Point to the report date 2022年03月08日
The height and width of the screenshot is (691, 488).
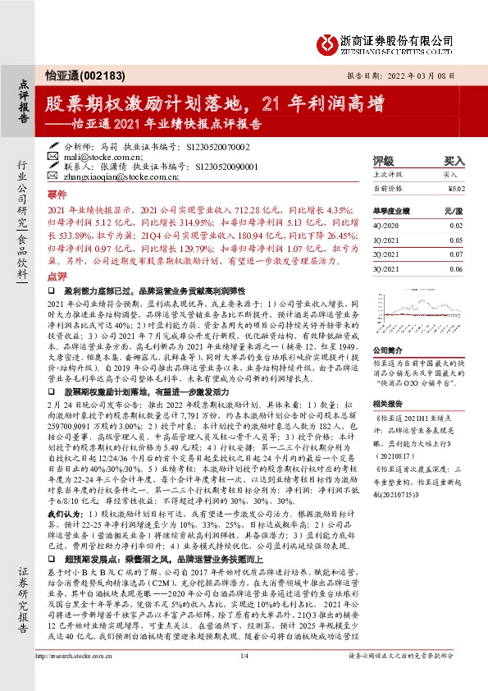[424, 75]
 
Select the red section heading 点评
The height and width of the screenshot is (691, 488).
[57, 277]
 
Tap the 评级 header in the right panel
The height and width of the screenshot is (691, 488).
[383, 162]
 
